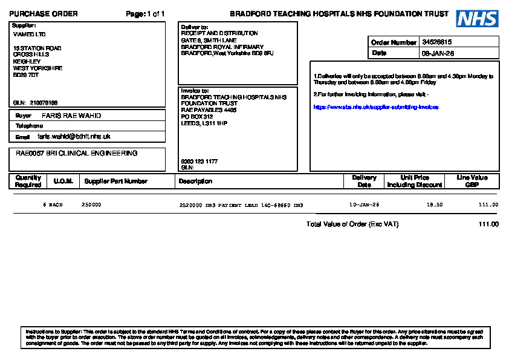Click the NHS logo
[x=477, y=19]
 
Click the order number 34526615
[x=437, y=42]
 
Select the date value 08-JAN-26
[x=438, y=53]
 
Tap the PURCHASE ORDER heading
[x=44, y=14]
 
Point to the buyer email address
[x=74, y=137]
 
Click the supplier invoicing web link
[x=375, y=107]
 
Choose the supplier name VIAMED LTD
[x=29, y=34]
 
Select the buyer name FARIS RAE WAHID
[x=71, y=116]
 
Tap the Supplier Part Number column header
[x=115, y=181]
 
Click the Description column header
[x=195, y=181]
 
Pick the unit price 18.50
[x=435, y=205]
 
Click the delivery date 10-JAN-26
[x=365, y=205]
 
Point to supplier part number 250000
[x=91, y=205]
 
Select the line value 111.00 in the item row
[x=488, y=205]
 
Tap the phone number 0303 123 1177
[x=199, y=162]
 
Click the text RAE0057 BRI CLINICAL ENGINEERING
[x=76, y=154]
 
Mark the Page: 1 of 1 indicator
[x=145, y=14]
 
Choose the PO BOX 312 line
[x=197, y=117]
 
